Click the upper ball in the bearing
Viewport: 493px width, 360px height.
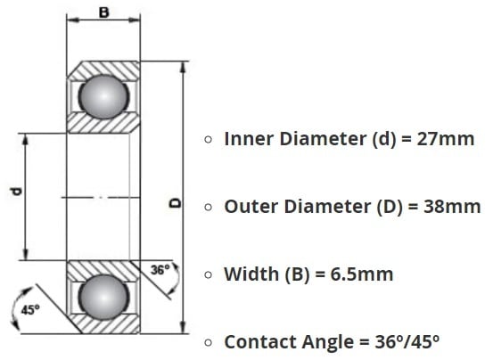(x=103, y=96)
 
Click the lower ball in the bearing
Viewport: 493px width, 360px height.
(x=103, y=297)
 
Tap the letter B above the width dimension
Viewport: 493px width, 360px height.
(x=103, y=12)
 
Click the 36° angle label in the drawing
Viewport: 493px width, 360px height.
(x=160, y=270)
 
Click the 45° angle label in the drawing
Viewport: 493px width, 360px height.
(x=30, y=310)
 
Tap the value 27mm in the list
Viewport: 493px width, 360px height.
(x=445, y=139)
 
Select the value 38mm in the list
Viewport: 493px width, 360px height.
(x=452, y=207)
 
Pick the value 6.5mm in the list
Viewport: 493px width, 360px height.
(x=362, y=274)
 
